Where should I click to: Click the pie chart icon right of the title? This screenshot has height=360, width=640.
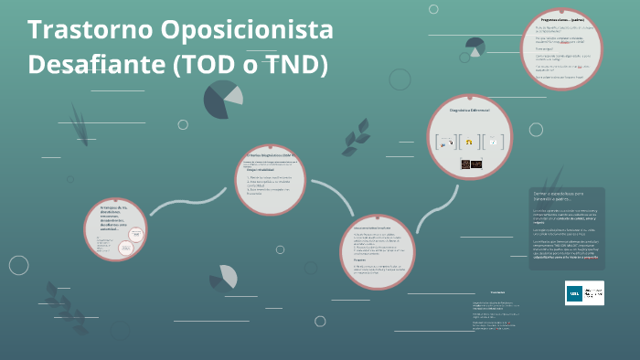(222, 99)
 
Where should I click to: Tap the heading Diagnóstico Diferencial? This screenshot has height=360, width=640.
(470, 110)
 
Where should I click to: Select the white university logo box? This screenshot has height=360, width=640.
(584, 292)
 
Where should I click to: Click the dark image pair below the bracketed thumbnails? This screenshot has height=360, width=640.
(470, 164)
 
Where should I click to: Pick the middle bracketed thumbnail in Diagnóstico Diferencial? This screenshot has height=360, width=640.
(469, 142)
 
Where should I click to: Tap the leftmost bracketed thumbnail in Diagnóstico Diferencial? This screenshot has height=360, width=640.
(447, 142)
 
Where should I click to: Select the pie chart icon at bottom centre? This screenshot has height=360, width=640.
(223, 276)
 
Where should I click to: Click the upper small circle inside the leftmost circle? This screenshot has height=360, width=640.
(134, 233)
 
